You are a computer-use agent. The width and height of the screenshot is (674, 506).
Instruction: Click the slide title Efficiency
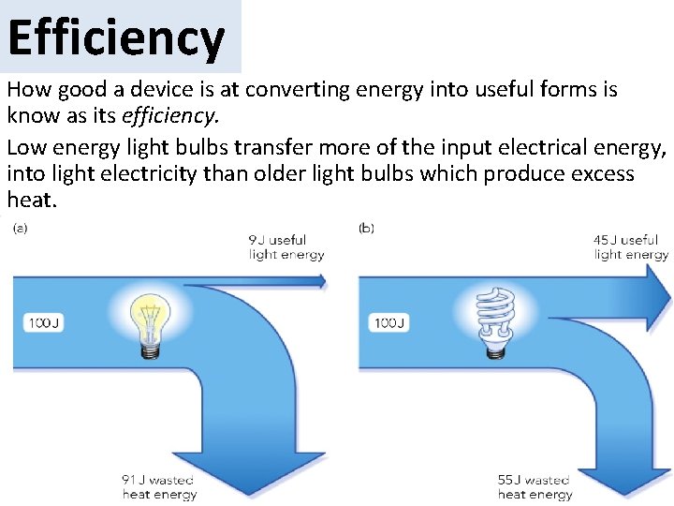(x=116, y=37)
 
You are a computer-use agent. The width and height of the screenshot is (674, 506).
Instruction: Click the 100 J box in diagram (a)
(x=44, y=323)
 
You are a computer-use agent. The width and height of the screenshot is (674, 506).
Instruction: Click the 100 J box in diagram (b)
(x=389, y=323)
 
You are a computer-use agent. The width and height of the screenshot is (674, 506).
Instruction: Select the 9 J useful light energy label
(x=286, y=247)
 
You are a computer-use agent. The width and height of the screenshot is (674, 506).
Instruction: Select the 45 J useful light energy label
(x=631, y=247)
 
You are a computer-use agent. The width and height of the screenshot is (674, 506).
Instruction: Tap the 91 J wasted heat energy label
(x=159, y=487)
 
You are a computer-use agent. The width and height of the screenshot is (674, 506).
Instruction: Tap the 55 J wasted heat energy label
(x=535, y=487)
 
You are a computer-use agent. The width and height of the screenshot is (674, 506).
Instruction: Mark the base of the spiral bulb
(x=496, y=348)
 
